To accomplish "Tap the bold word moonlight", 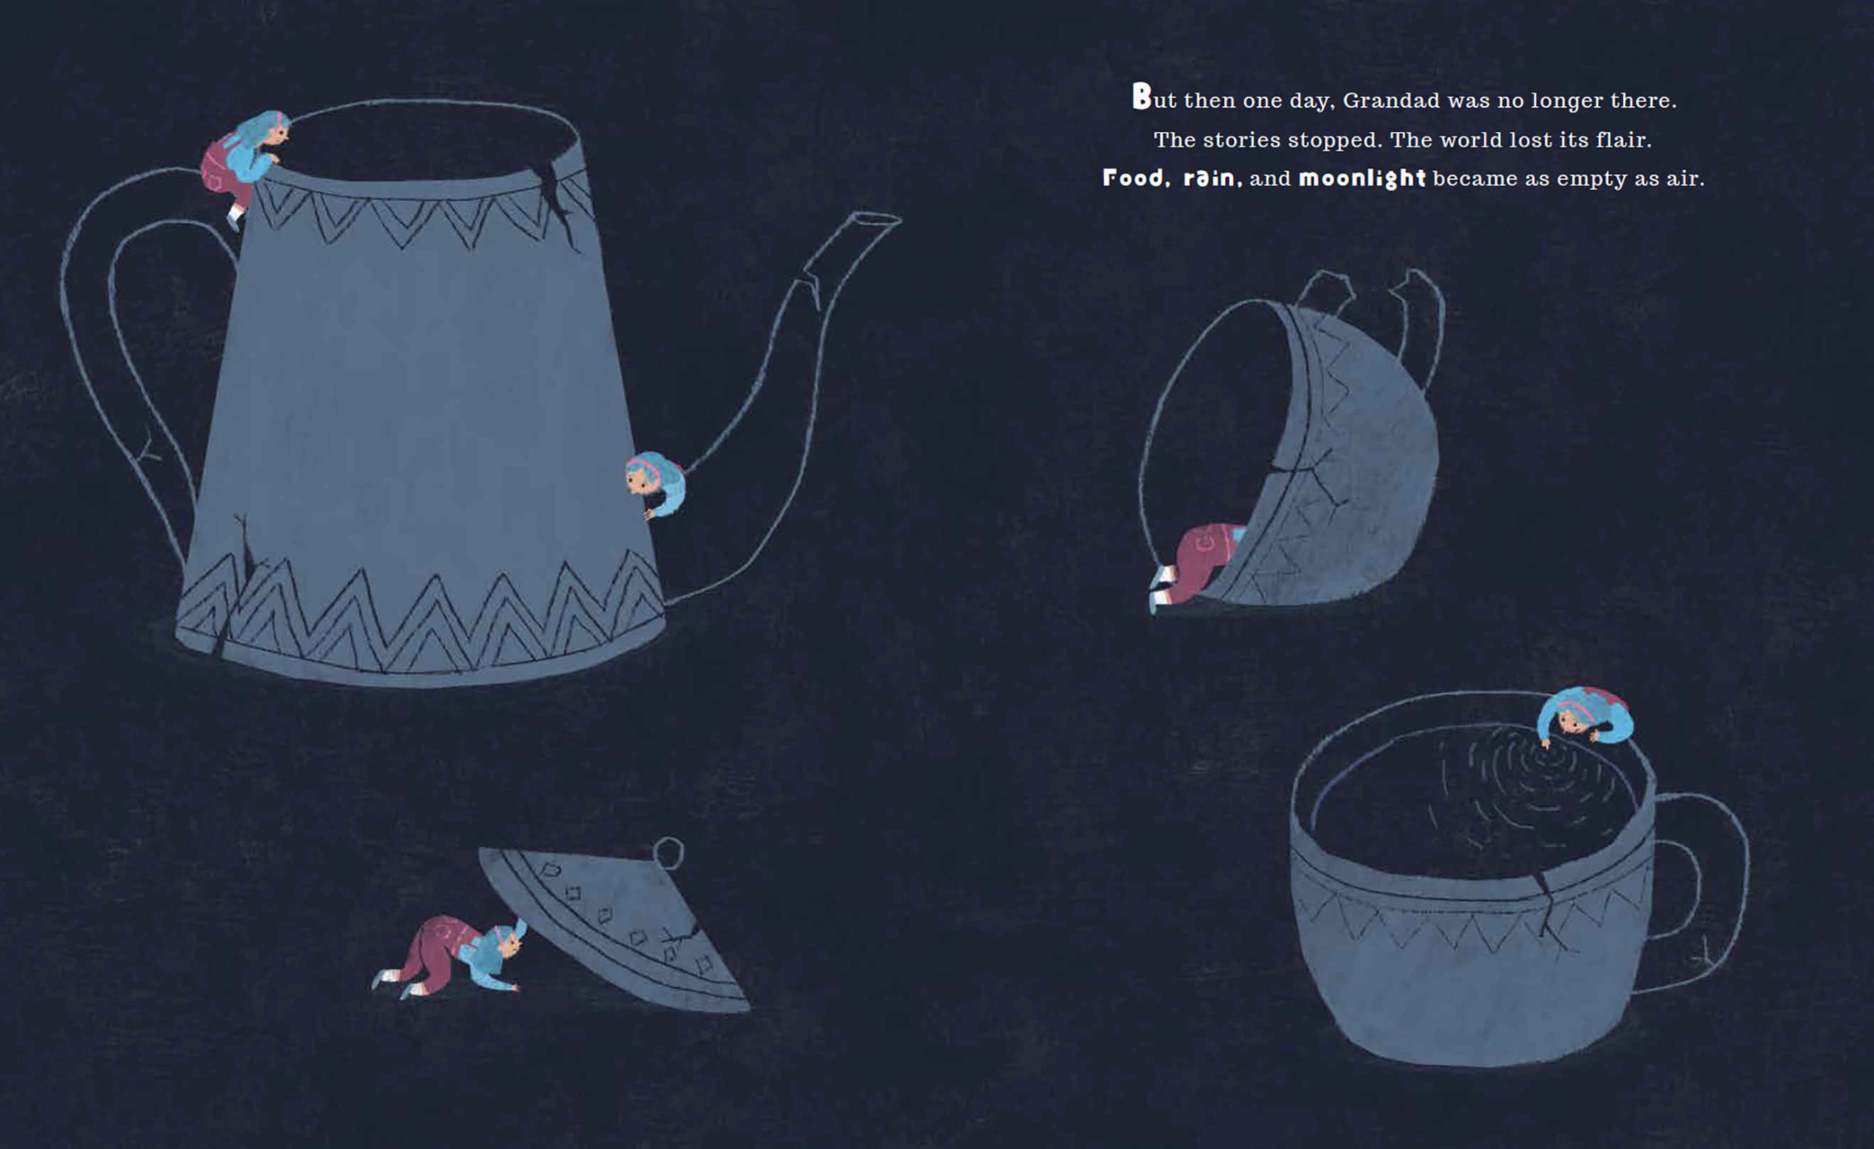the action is (1361, 178).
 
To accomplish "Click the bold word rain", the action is (1212, 178).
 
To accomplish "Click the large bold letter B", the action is (1142, 97).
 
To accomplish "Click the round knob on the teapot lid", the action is (668, 851).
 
